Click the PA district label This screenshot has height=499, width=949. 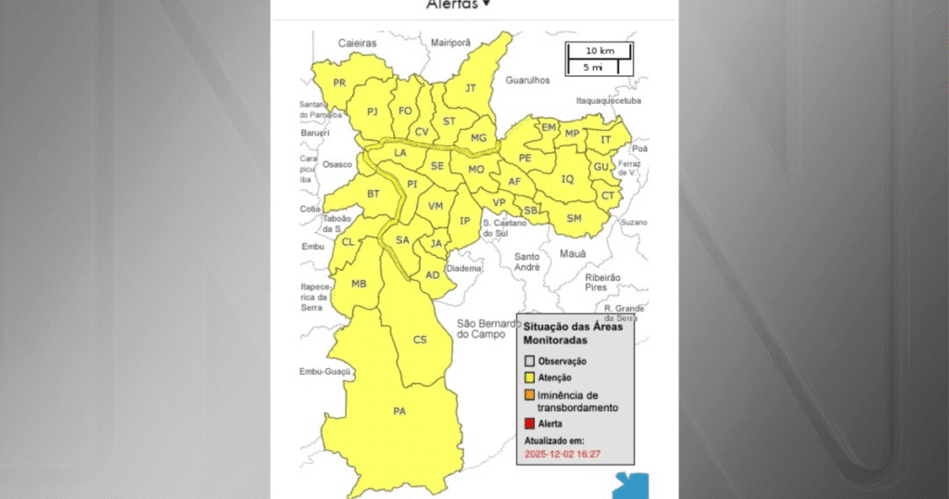coord(399,411)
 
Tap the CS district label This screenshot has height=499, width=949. coord(420,339)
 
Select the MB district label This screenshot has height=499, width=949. coord(359,284)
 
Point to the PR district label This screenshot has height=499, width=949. coord(339,83)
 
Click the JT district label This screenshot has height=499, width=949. coord(470,88)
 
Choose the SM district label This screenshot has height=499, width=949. coord(574,218)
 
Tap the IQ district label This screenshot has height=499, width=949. coord(568,178)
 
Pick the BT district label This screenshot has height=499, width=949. coord(373,194)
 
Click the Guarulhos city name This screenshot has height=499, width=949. coord(527,81)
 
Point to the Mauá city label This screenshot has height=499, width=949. coord(575,252)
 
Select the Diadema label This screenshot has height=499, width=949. coord(464,268)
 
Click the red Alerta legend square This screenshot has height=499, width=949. coord(530,424)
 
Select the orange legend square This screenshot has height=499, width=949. coord(530,395)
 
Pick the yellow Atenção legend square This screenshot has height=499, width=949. coord(530,377)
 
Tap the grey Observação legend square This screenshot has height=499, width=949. coord(530,361)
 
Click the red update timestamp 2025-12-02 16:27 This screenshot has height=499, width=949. coord(563,454)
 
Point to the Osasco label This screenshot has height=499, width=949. coord(337,164)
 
